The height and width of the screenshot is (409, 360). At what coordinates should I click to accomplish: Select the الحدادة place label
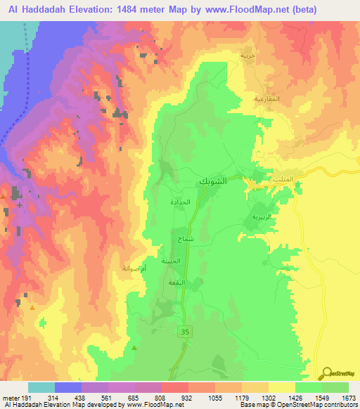tap(180, 202)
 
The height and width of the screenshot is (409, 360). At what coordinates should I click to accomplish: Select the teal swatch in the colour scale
tap(41, 387)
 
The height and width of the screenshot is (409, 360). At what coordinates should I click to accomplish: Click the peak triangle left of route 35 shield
tap(134, 346)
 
